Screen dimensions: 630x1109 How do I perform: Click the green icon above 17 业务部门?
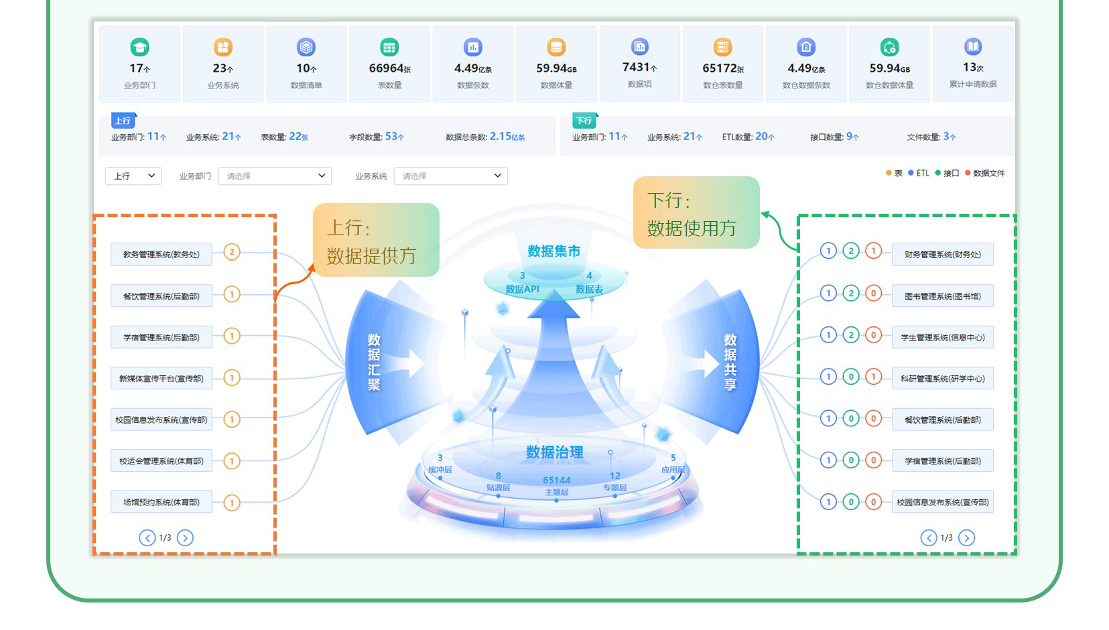139,47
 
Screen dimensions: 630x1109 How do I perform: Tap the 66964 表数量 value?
389,68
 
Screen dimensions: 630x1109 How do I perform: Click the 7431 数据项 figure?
639,67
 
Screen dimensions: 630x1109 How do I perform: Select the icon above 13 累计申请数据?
972,46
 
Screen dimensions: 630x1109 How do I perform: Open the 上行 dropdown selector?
133,176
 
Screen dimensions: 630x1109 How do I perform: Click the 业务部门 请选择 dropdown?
275,176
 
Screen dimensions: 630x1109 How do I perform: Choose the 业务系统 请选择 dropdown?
450,176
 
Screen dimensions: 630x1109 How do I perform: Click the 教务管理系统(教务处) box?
161,255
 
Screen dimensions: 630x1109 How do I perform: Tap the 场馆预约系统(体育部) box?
161,502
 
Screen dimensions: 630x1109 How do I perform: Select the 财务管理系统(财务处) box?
942,255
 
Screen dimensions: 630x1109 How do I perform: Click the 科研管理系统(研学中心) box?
942,379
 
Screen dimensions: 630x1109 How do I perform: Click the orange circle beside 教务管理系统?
232,253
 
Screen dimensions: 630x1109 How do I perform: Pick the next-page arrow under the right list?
966,538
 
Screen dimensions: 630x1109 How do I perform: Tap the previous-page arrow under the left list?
147,538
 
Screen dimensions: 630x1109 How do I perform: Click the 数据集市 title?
553,251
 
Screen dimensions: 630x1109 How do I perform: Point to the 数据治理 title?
554,452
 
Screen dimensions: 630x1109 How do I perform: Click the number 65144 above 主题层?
556,480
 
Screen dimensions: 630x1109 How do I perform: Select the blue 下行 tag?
584,121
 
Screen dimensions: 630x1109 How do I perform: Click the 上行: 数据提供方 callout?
375,241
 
